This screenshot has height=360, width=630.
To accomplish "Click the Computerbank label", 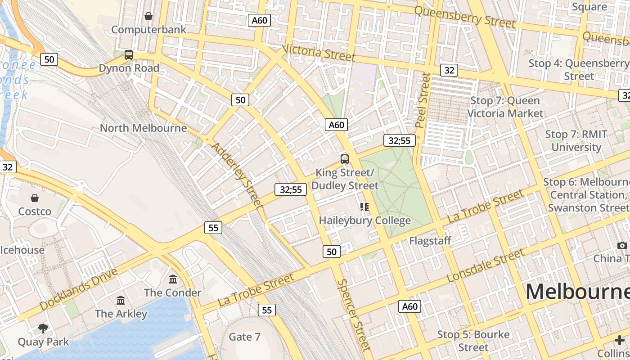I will click(148, 30).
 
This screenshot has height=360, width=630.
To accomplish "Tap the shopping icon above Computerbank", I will click(148, 17).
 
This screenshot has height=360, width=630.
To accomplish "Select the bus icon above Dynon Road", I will click(129, 55).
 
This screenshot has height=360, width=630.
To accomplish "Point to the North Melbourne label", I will click(143, 128).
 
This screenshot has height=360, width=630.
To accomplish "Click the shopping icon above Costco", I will click(35, 198).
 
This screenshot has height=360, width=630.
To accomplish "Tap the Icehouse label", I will click(22, 250).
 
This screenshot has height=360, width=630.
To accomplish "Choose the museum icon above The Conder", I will click(173, 279).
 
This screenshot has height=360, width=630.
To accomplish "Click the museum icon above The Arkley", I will click(121, 300).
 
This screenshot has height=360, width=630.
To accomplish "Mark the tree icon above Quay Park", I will click(44, 328).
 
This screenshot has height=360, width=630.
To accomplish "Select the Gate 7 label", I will click(244, 337).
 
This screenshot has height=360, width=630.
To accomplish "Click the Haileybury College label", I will click(364, 220).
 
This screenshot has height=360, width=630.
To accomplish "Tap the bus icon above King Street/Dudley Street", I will click(345, 159).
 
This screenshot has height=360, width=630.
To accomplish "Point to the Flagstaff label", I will click(430, 241).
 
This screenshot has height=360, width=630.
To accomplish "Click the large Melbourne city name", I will click(578, 292).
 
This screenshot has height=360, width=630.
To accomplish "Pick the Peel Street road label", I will click(423, 100).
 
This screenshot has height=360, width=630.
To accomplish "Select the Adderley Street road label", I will click(237, 175).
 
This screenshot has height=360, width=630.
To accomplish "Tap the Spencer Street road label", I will click(354, 314).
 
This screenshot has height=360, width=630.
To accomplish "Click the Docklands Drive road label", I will click(78, 289).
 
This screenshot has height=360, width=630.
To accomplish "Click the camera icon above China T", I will click(622, 245).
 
